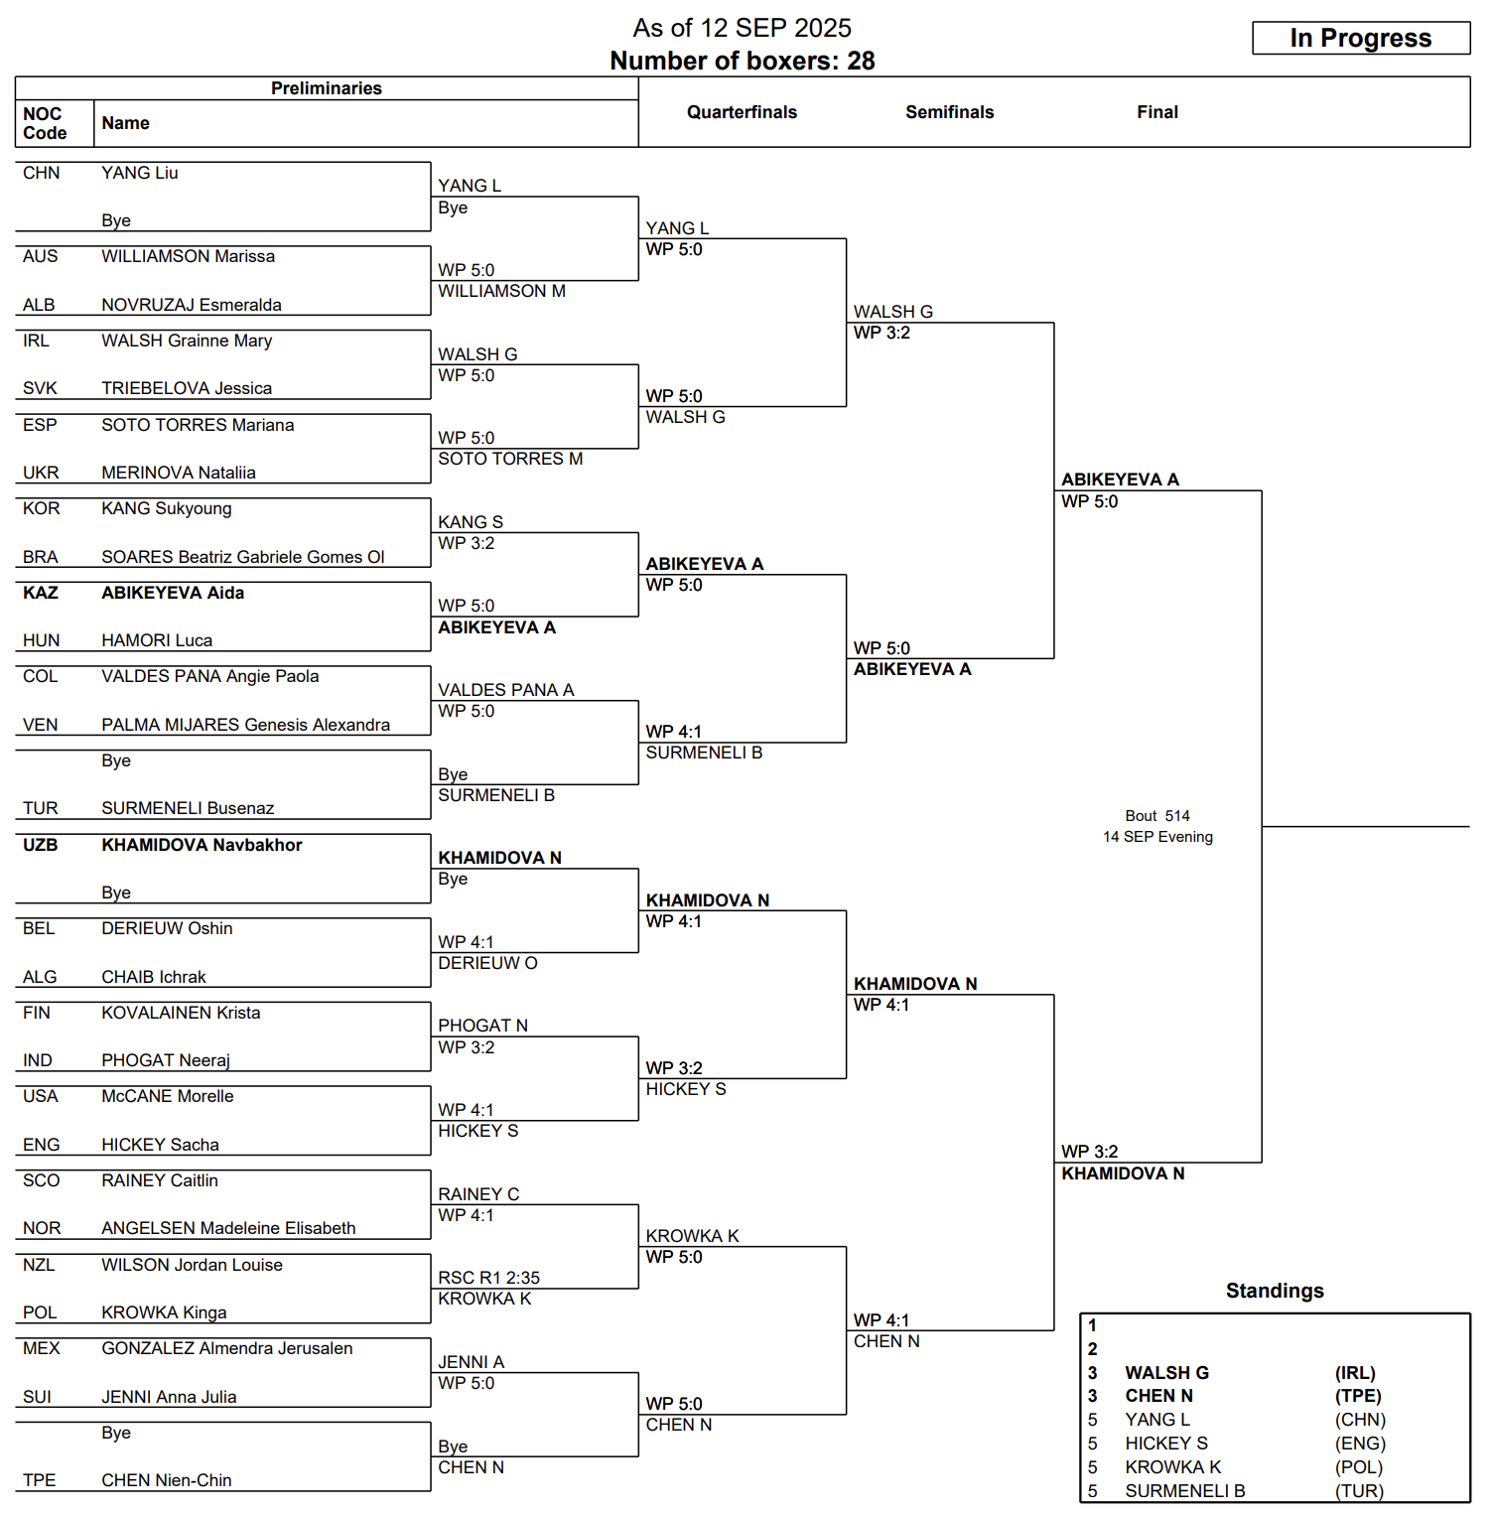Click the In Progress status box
tap(1360, 38)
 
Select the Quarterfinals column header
tap(742, 112)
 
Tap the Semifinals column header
tap(949, 112)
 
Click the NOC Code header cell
tap(45, 123)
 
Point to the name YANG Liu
tap(140, 173)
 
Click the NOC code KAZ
tap(41, 593)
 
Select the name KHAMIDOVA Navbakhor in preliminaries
tap(202, 845)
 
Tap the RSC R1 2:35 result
tap(488, 1278)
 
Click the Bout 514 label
tap(1157, 816)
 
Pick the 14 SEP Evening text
tap(1157, 837)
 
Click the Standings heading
tap(1275, 1291)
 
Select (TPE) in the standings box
tap(1358, 1396)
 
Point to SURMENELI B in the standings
tap(1184, 1491)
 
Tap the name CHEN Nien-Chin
tap(167, 1480)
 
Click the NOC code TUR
tap(41, 808)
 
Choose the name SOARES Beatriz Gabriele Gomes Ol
tap(243, 557)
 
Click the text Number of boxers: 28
tap(743, 62)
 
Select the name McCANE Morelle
tap(168, 1096)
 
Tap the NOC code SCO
tap(41, 1180)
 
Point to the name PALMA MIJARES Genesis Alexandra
tap(245, 725)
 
